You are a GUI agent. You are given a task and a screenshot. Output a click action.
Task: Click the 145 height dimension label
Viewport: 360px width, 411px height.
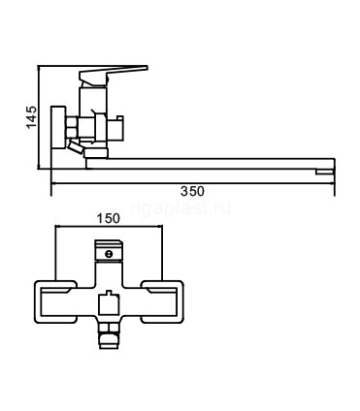tap(32, 117)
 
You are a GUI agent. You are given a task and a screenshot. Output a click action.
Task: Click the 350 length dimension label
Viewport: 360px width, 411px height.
tap(192, 191)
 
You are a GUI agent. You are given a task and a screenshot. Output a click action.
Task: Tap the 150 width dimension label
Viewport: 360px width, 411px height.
tap(109, 219)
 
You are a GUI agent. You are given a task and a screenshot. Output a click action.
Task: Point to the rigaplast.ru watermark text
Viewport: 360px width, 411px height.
tap(180, 208)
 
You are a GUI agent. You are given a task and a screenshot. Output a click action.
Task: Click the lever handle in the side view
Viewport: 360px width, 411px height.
tap(114, 75)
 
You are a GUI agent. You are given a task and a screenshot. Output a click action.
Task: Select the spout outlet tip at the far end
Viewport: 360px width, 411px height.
tap(324, 172)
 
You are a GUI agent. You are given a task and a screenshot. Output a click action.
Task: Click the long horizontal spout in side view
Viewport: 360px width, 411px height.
tap(211, 164)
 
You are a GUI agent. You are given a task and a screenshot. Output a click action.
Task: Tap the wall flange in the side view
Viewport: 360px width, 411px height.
tap(59, 127)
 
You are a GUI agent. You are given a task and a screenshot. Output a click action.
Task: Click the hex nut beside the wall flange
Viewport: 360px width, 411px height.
tap(72, 127)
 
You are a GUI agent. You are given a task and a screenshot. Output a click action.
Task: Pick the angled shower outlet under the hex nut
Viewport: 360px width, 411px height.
tap(75, 147)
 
